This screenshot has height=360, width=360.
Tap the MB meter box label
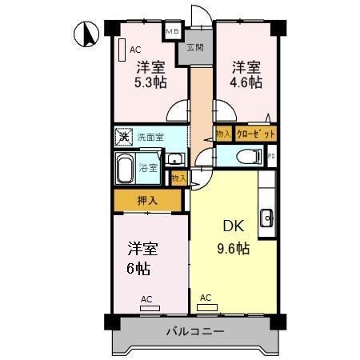172,32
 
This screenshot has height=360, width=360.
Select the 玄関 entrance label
194,48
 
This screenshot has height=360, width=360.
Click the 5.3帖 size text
150,82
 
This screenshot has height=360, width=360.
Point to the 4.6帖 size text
246,82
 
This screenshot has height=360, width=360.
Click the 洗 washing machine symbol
123,136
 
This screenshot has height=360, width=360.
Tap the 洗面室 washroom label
150,136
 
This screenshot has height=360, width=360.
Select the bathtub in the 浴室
126,168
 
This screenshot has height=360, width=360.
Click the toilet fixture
250,156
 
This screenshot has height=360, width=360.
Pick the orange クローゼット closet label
256,134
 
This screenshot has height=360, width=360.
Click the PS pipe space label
270,157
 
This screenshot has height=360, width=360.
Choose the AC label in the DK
206,298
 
